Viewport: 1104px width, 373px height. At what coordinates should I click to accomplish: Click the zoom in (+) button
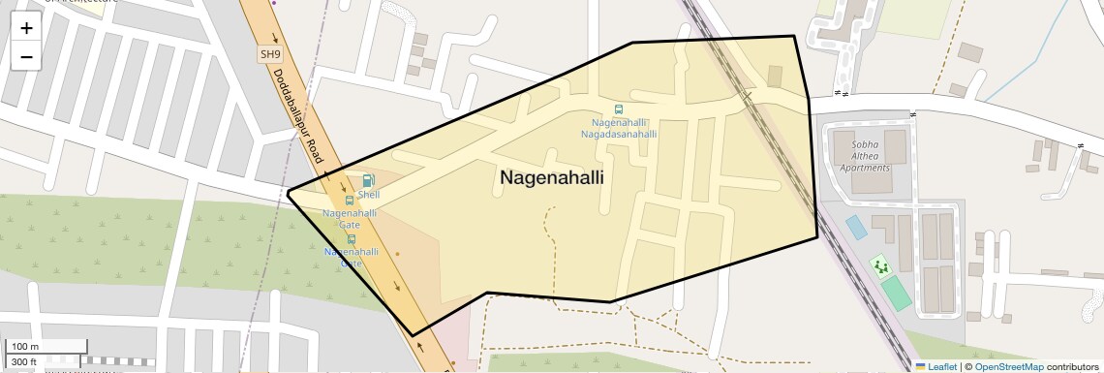(26, 28)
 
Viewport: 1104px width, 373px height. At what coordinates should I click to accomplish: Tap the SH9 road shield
(270, 55)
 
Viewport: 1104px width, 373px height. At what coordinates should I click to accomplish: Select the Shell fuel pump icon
(368, 180)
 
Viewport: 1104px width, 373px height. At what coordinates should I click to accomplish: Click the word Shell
(368, 195)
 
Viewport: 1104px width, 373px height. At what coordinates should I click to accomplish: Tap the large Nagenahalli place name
(551, 178)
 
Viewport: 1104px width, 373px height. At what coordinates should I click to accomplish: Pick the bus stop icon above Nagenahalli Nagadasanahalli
(619, 109)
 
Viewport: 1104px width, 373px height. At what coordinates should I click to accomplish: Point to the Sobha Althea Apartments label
(863, 154)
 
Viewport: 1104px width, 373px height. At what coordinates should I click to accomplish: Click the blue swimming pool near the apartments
(856, 227)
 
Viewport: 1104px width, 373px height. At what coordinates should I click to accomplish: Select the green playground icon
(880, 264)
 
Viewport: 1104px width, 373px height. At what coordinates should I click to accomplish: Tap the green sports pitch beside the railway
(897, 293)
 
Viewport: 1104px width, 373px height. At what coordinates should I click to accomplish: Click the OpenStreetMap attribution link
(1008, 366)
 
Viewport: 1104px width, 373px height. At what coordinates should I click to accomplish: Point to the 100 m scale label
(24, 347)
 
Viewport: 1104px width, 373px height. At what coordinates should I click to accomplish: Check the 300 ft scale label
(24, 361)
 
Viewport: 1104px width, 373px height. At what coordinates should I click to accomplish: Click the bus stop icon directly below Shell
(350, 201)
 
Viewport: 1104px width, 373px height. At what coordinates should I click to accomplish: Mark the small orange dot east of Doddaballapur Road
(396, 253)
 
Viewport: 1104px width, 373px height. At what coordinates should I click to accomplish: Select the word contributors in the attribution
(1073, 366)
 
